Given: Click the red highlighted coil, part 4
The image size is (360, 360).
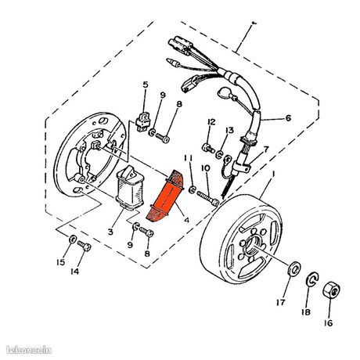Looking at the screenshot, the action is pyautogui.click(x=165, y=196).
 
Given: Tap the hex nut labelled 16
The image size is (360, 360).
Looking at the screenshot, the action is pyautogui.click(x=331, y=290).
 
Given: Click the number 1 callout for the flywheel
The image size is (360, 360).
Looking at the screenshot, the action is pyautogui.click(x=273, y=174).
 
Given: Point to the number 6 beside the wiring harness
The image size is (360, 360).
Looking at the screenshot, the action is pyautogui.click(x=288, y=118).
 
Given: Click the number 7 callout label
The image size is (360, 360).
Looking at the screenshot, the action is pyautogui.click(x=266, y=149).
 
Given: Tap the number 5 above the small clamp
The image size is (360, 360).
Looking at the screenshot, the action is pyautogui.click(x=146, y=85).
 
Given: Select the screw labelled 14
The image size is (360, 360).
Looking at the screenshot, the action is pyautogui.click(x=85, y=246).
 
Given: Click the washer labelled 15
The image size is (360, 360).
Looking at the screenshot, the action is pyautogui.click(x=72, y=239).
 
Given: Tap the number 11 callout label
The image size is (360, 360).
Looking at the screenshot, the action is pyautogui.click(x=189, y=158).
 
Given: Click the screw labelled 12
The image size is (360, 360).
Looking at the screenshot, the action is pyautogui.click(x=208, y=148).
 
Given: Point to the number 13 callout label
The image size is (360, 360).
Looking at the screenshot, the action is pyautogui.click(x=230, y=130).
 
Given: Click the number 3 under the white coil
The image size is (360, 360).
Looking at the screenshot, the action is pyautogui.click(x=110, y=232).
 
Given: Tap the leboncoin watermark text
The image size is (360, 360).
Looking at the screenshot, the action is pyautogui.click(x=29, y=350).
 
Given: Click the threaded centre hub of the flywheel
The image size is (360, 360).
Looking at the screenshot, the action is pyautogui.click(x=253, y=247).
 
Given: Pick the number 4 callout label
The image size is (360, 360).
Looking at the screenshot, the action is pyautogui.click(x=187, y=220).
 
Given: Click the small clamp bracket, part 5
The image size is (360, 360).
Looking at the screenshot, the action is pyautogui.click(x=142, y=121).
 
